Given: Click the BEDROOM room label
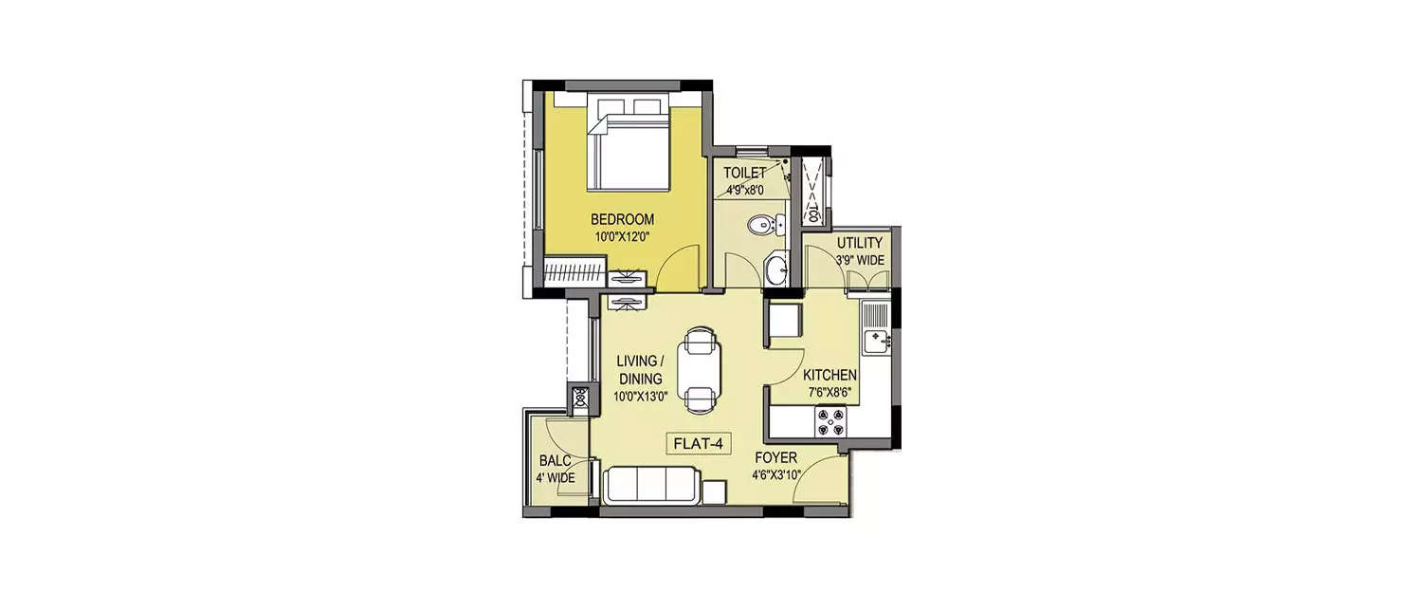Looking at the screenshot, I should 622,219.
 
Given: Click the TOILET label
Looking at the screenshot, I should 744,174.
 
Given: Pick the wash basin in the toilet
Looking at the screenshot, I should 775,269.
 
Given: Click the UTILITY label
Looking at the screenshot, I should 859,243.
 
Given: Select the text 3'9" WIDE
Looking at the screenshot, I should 859,259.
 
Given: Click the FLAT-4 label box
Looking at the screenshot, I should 701,443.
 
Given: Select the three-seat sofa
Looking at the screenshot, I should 652,485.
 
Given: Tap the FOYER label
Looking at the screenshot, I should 775,457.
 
